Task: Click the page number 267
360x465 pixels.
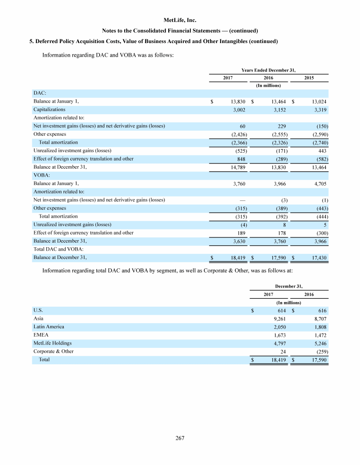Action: tap(180, 438)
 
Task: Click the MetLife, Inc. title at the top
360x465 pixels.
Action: tap(180, 20)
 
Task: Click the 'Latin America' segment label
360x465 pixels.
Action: tap(49, 326)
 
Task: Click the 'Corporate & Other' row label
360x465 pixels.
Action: tap(53, 351)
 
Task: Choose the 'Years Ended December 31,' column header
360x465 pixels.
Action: tap(268, 70)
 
